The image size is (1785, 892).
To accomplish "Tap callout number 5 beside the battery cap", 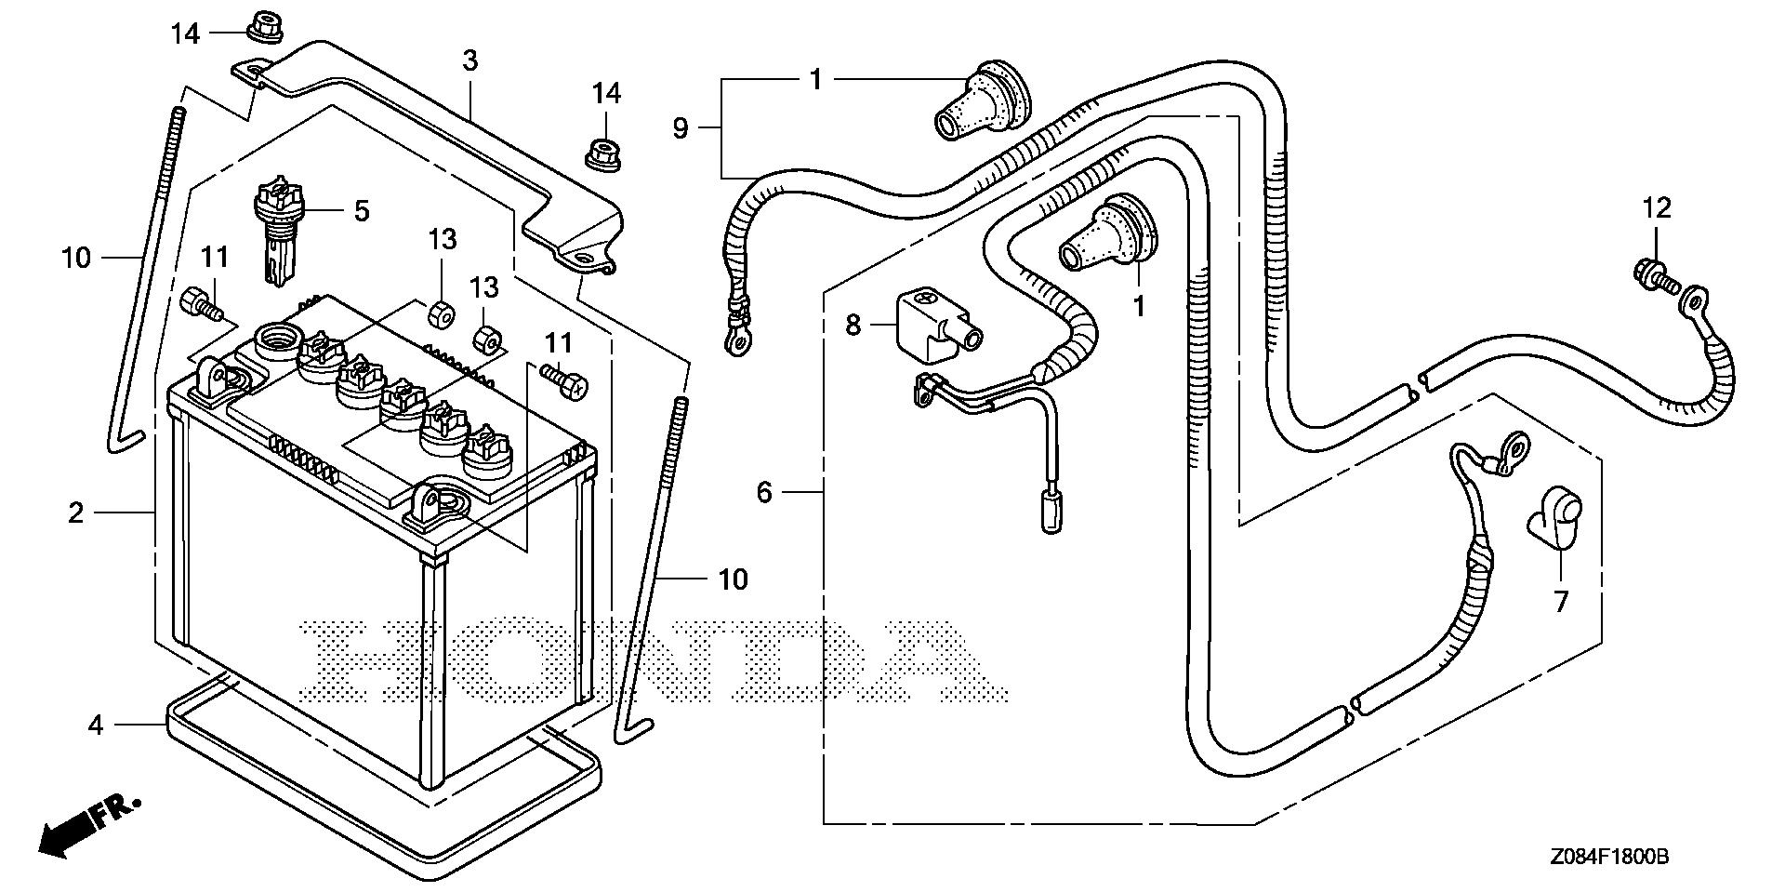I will [362, 211].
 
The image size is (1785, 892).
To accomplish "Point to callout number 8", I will [853, 325].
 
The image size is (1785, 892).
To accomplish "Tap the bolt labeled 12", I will [1650, 274].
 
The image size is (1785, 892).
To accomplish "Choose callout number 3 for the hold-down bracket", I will [470, 61].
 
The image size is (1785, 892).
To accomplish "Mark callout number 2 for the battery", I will [75, 512].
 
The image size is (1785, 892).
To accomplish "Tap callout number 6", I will [764, 491].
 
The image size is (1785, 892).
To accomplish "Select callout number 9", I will [681, 127].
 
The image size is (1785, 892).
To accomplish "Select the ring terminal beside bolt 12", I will [1693, 300].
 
